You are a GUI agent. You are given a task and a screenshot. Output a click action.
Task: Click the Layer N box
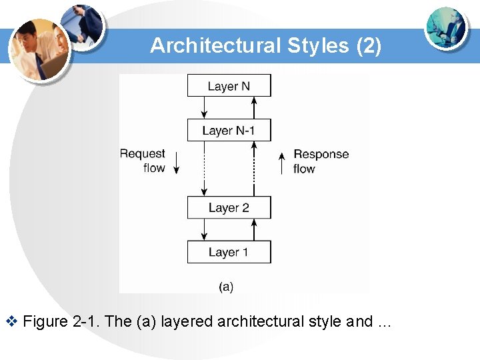(x=229, y=86)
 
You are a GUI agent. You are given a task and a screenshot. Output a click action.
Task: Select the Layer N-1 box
(x=229, y=130)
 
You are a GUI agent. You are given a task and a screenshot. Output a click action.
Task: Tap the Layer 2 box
(x=229, y=207)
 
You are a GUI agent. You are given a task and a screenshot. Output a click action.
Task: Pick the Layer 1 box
(x=229, y=252)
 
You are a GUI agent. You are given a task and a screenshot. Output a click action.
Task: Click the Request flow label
(x=143, y=161)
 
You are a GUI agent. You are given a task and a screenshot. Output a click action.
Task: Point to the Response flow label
(x=321, y=161)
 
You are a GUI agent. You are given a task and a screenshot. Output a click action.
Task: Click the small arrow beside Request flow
(x=177, y=162)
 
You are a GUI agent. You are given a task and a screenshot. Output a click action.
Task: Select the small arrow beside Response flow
(x=281, y=162)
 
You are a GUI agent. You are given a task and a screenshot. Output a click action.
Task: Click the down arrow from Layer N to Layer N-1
(x=205, y=107)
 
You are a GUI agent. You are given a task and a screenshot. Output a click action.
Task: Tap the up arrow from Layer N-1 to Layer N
(x=253, y=107)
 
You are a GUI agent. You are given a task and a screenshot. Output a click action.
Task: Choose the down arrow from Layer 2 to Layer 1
(x=205, y=230)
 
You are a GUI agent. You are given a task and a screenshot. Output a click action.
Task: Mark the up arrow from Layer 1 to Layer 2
(x=253, y=230)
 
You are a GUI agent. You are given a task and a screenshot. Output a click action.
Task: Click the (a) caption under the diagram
(x=226, y=287)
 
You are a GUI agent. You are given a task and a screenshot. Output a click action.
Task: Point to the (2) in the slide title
(x=369, y=45)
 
